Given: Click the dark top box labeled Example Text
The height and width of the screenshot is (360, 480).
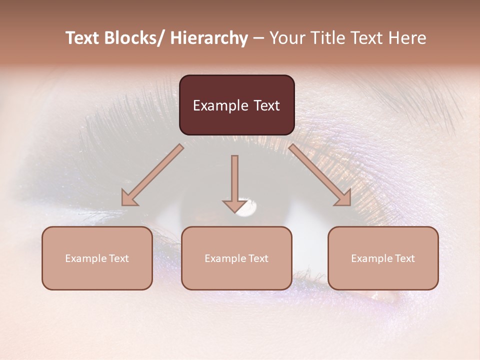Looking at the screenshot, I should click(x=236, y=105).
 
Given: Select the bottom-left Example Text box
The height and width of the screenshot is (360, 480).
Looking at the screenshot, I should click(x=97, y=258).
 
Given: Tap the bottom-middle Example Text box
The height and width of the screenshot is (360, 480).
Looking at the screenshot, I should click(x=236, y=258).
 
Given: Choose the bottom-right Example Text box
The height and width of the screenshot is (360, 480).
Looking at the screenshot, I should click(x=383, y=258).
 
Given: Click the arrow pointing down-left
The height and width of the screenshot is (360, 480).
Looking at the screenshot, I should click(x=152, y=175).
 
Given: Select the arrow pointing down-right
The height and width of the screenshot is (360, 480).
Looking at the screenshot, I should click(x=320, y=175).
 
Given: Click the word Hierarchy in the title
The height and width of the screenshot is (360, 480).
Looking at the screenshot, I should click(x=208, y=38).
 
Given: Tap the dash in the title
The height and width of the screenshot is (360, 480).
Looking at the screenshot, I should click(x=258, y=38).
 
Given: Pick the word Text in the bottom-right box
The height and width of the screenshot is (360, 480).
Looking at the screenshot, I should click(x=404, y=258).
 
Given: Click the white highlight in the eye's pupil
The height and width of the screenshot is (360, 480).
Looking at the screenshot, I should click(x=248, y=208).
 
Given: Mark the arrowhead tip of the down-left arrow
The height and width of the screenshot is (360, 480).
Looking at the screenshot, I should click(x=123, y=204).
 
